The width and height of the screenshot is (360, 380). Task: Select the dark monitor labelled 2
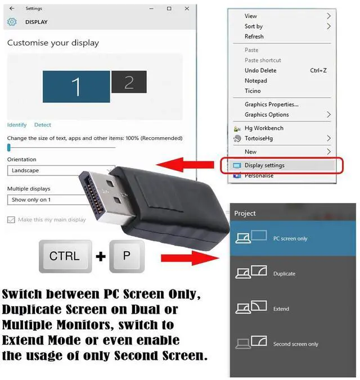click(129, 82)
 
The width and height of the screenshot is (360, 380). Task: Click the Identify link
click(17, 125)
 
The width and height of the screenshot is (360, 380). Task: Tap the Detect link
click(43, 125)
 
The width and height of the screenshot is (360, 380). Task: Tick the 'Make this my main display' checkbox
click(11, 220)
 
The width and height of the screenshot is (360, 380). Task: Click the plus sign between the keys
click(101, 257)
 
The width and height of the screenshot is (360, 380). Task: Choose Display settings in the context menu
click(264, 165)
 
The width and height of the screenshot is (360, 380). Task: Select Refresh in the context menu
click(254, 37)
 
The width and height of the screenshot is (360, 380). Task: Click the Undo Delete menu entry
click(260, 71)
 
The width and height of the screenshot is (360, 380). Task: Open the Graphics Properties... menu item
click(271, 105)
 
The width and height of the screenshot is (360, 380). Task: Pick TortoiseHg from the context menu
click(259, 138)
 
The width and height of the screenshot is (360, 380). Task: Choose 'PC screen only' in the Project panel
click(290, 238)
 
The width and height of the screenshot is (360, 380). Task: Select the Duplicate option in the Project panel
click(284, 274)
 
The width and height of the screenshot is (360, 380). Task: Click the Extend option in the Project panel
click(281, 309)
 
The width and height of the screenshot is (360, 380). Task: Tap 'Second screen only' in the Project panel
click(295, 344)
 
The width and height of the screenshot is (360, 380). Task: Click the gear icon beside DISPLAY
click(12, 22)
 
